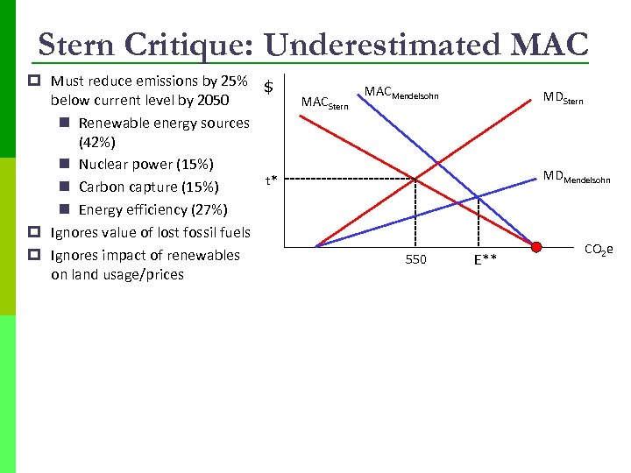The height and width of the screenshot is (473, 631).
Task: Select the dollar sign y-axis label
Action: pyautogui.click(x=270, y=87)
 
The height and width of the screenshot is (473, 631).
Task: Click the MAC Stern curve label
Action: pyautogui.click(x=324, y=104)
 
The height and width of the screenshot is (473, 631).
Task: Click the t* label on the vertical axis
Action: pyautogui.click(x=272, y=181)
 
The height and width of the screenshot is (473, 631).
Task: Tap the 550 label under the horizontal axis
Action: pyautogui.click(x=415, y=259)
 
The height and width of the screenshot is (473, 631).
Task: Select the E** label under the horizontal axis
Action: pyautogui.click(x=485, y=259)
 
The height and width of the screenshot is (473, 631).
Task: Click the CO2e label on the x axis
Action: pyautogui.click(x=599, y=251)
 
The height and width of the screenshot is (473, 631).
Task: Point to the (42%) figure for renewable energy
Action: pyautogui.click(x=97, y=142)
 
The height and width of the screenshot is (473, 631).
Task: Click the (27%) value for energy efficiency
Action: pyautogui.click(x=209, y=209)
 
